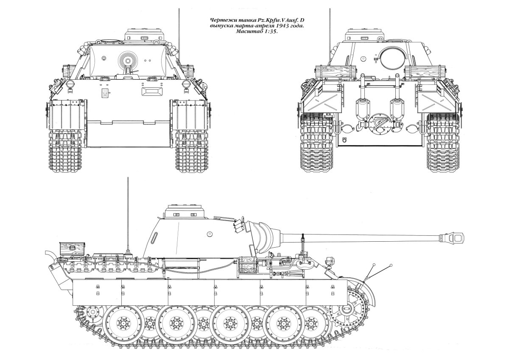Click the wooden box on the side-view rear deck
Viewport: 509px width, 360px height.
(72, 248)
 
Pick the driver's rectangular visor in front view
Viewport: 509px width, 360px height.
(152, 91)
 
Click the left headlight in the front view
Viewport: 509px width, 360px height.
(70, 84)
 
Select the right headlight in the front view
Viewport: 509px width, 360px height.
(186, 84)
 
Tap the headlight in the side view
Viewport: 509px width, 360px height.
(329, 260)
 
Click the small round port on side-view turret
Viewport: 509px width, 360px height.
(210, 234)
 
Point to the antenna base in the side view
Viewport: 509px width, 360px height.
(128, 252)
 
